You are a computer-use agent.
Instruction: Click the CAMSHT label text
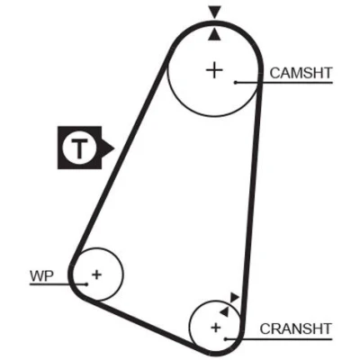click(301, 73)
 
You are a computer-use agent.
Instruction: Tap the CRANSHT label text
click(295, 328)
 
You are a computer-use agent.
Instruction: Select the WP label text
click(41, 276)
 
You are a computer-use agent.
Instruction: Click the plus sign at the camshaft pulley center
click(214, 70)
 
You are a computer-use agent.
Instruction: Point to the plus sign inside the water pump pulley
click(96, 274)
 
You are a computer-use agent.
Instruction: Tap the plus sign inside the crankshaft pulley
click(216, 328)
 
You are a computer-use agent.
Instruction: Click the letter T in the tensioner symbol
click(79, 148)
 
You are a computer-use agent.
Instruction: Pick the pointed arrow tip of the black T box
click(114, 148)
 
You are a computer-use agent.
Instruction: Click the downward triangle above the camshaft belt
click(215, 13)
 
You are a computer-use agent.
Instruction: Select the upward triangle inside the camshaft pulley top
click(215, 34)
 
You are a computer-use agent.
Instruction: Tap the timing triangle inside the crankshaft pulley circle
click(224, 311)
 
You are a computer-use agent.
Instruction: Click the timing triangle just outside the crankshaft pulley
click(234, 297)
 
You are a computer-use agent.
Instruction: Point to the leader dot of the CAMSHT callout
click(236, 82)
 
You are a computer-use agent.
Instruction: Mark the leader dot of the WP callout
click(86, 284)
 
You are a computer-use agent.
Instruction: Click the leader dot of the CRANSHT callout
click(226, 339)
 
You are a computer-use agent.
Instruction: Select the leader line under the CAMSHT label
click(284, 82)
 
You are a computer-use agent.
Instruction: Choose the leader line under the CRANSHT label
click(279, 339)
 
